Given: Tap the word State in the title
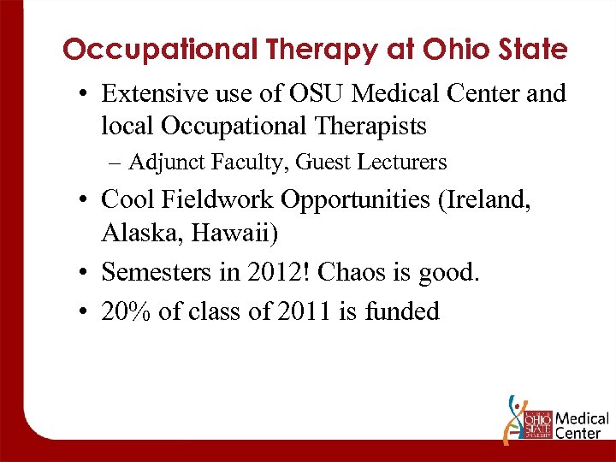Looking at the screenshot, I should tap(530, 50).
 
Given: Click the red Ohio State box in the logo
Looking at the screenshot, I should tap(537, 425).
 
